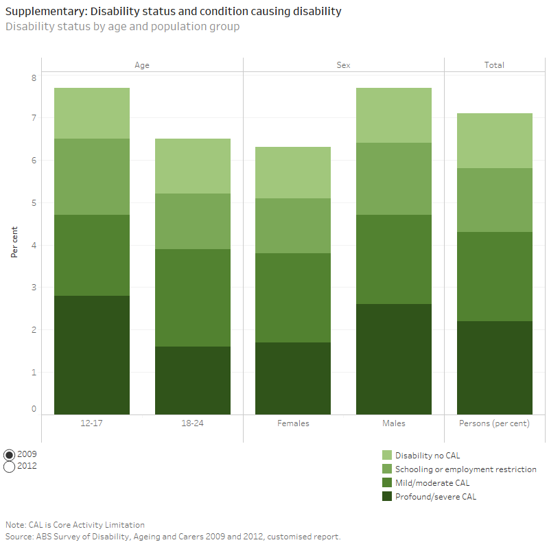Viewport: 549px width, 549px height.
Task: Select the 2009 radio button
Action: pyautogui.click(x=10, y=454)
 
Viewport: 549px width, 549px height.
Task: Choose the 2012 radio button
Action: pyautogui.click(x=10, y=467)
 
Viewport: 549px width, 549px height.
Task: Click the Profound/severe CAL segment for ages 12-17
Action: pyautogui.click(x=92, y=355)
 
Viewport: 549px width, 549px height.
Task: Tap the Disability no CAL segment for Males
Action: pyautogui.click(x=394, y=115)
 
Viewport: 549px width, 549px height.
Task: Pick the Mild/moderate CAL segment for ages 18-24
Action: pyautogui.click(x=192, y=298)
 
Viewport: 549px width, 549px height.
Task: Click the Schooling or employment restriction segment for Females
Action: pyautogui.click(x=293, y=226)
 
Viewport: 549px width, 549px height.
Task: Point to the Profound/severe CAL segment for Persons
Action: pyautogui.click(x=495, y=368)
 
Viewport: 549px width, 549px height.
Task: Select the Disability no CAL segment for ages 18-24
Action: pyautogui.click(x=192, y=166)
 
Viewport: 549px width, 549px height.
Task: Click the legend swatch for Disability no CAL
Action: pyautogui.click(x=387, y=456)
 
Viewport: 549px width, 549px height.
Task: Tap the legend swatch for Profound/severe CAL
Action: pyautogui.click(x=387, y=497)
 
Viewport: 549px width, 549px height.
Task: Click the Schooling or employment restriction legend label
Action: pyautogui.click(x=465, y=469)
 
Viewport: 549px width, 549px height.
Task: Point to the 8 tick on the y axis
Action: pyautogui.click(x=33, y=78)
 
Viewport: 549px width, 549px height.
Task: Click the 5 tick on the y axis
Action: pyautogui.click(x=33, y=203)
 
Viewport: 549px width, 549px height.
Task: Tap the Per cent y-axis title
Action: pyautogui.click(x=14, y=245)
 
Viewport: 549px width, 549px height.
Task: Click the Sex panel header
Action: pyautogui.click(x=343, y=65)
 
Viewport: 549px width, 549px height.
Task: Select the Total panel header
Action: pyautogui.click(x=494, y=65)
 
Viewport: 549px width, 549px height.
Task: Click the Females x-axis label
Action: pyautogui.click(x=293, y=423)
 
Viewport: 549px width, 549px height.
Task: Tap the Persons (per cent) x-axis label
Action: pyautogui.click(x=494, y=423)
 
